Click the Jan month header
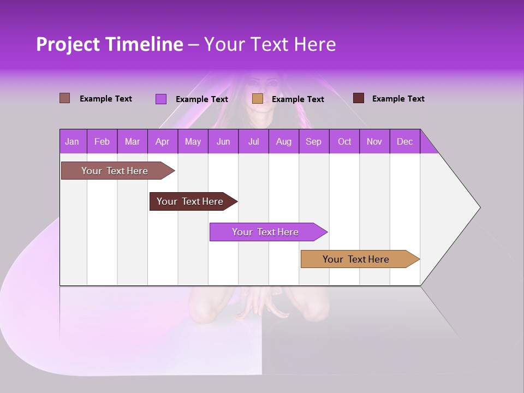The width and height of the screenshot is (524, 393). (72, 141)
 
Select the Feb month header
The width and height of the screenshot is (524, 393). (102, 141)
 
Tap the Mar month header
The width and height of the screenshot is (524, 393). (132, 141)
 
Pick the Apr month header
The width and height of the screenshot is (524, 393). (162, 141)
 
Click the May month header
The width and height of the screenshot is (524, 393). (193, 141)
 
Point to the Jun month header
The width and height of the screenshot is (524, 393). (223, 141)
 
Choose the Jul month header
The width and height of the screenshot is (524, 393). (253, 141)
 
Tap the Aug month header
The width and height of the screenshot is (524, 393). (283, 141)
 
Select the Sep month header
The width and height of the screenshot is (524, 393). (313, 141)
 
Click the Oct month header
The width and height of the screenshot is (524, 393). (344, 141)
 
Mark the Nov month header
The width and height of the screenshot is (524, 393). (374, 141)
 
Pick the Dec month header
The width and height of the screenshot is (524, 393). (404, 141)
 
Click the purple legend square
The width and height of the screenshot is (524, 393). (160, 99)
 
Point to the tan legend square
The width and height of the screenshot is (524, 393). (258, 98)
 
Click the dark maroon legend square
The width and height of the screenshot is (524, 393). (359, 98)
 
